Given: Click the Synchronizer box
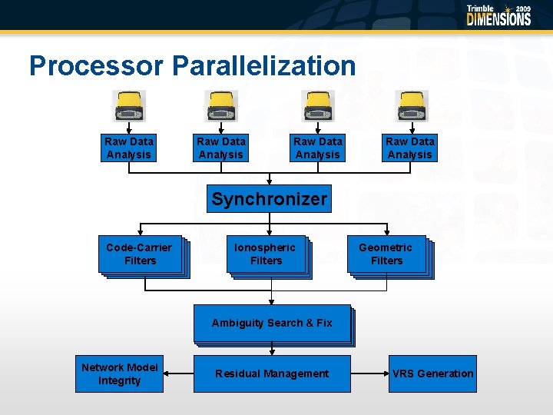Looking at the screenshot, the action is click(x=269, y=199).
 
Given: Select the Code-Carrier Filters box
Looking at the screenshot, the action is click(x=140, y=254).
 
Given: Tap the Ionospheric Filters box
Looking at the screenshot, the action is click(x=266, y=254).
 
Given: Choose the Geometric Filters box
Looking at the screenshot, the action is click(x=386, y=254).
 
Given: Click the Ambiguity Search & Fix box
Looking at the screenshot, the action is click(x=272, y=324).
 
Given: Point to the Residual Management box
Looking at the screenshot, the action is click(x=272, y=373).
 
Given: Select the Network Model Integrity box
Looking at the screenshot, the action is click(x=119, y=373).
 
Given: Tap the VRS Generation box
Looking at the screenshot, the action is click(x=432, y=373).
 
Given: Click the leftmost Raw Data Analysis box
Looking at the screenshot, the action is click(x=129, y=148).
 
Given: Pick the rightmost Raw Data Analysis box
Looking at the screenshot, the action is click(x=410, y=148).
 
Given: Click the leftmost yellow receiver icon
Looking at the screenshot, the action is click(x=129, y=106).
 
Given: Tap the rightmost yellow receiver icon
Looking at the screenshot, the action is click(x=411, y=106).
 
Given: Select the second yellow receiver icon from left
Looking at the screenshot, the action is click(x=221, y=106).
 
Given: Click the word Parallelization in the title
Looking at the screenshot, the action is click(x=264, y=66).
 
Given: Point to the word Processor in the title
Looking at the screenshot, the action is click(x=97, y=66).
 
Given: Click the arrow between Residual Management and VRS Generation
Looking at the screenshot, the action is click(x=369, y=373).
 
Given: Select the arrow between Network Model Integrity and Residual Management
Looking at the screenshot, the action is click(x=178, y=373).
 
